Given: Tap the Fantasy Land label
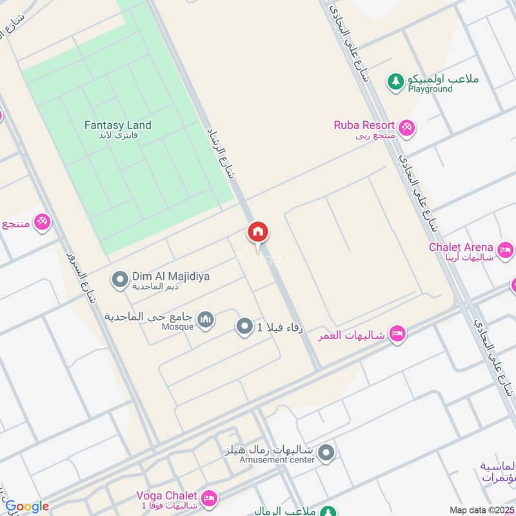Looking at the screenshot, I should [x=117, y=125].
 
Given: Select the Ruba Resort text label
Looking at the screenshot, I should [x=364, y=125].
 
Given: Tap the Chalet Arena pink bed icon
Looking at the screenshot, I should [x=505, y=248].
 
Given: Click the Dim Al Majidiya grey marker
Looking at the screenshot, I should [x=119, y=280].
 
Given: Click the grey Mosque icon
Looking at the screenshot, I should [x=205, y=319].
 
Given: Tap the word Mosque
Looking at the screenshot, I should [x=177, y=327].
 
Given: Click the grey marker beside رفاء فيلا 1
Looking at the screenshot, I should [x=244, y=327].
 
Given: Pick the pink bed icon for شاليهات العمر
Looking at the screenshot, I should [x=397, y=333].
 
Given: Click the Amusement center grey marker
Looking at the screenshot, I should [x=327, y=453].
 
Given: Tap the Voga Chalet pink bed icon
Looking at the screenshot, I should [x=209, y=498].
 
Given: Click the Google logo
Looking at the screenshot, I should [x=26, y=506].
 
